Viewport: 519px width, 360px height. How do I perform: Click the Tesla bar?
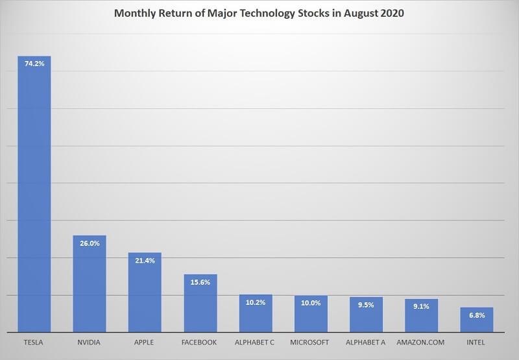34,195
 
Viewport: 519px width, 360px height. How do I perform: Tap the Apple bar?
145,293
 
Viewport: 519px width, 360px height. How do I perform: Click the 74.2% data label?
34,64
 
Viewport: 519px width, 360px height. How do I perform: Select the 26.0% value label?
90,243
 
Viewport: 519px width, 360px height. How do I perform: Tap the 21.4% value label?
145,260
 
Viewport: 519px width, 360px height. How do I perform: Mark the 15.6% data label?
200,282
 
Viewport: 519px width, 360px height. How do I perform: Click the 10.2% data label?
256,302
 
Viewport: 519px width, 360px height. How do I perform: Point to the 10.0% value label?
311,303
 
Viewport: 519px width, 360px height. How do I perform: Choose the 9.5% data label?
367,305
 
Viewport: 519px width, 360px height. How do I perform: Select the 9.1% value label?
422,307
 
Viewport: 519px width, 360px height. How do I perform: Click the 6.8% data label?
477,315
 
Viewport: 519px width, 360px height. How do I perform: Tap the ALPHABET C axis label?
256,342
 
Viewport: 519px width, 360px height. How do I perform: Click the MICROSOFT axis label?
311,342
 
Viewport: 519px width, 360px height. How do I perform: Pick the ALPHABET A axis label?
367,342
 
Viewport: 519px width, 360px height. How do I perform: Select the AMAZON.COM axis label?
422,342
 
